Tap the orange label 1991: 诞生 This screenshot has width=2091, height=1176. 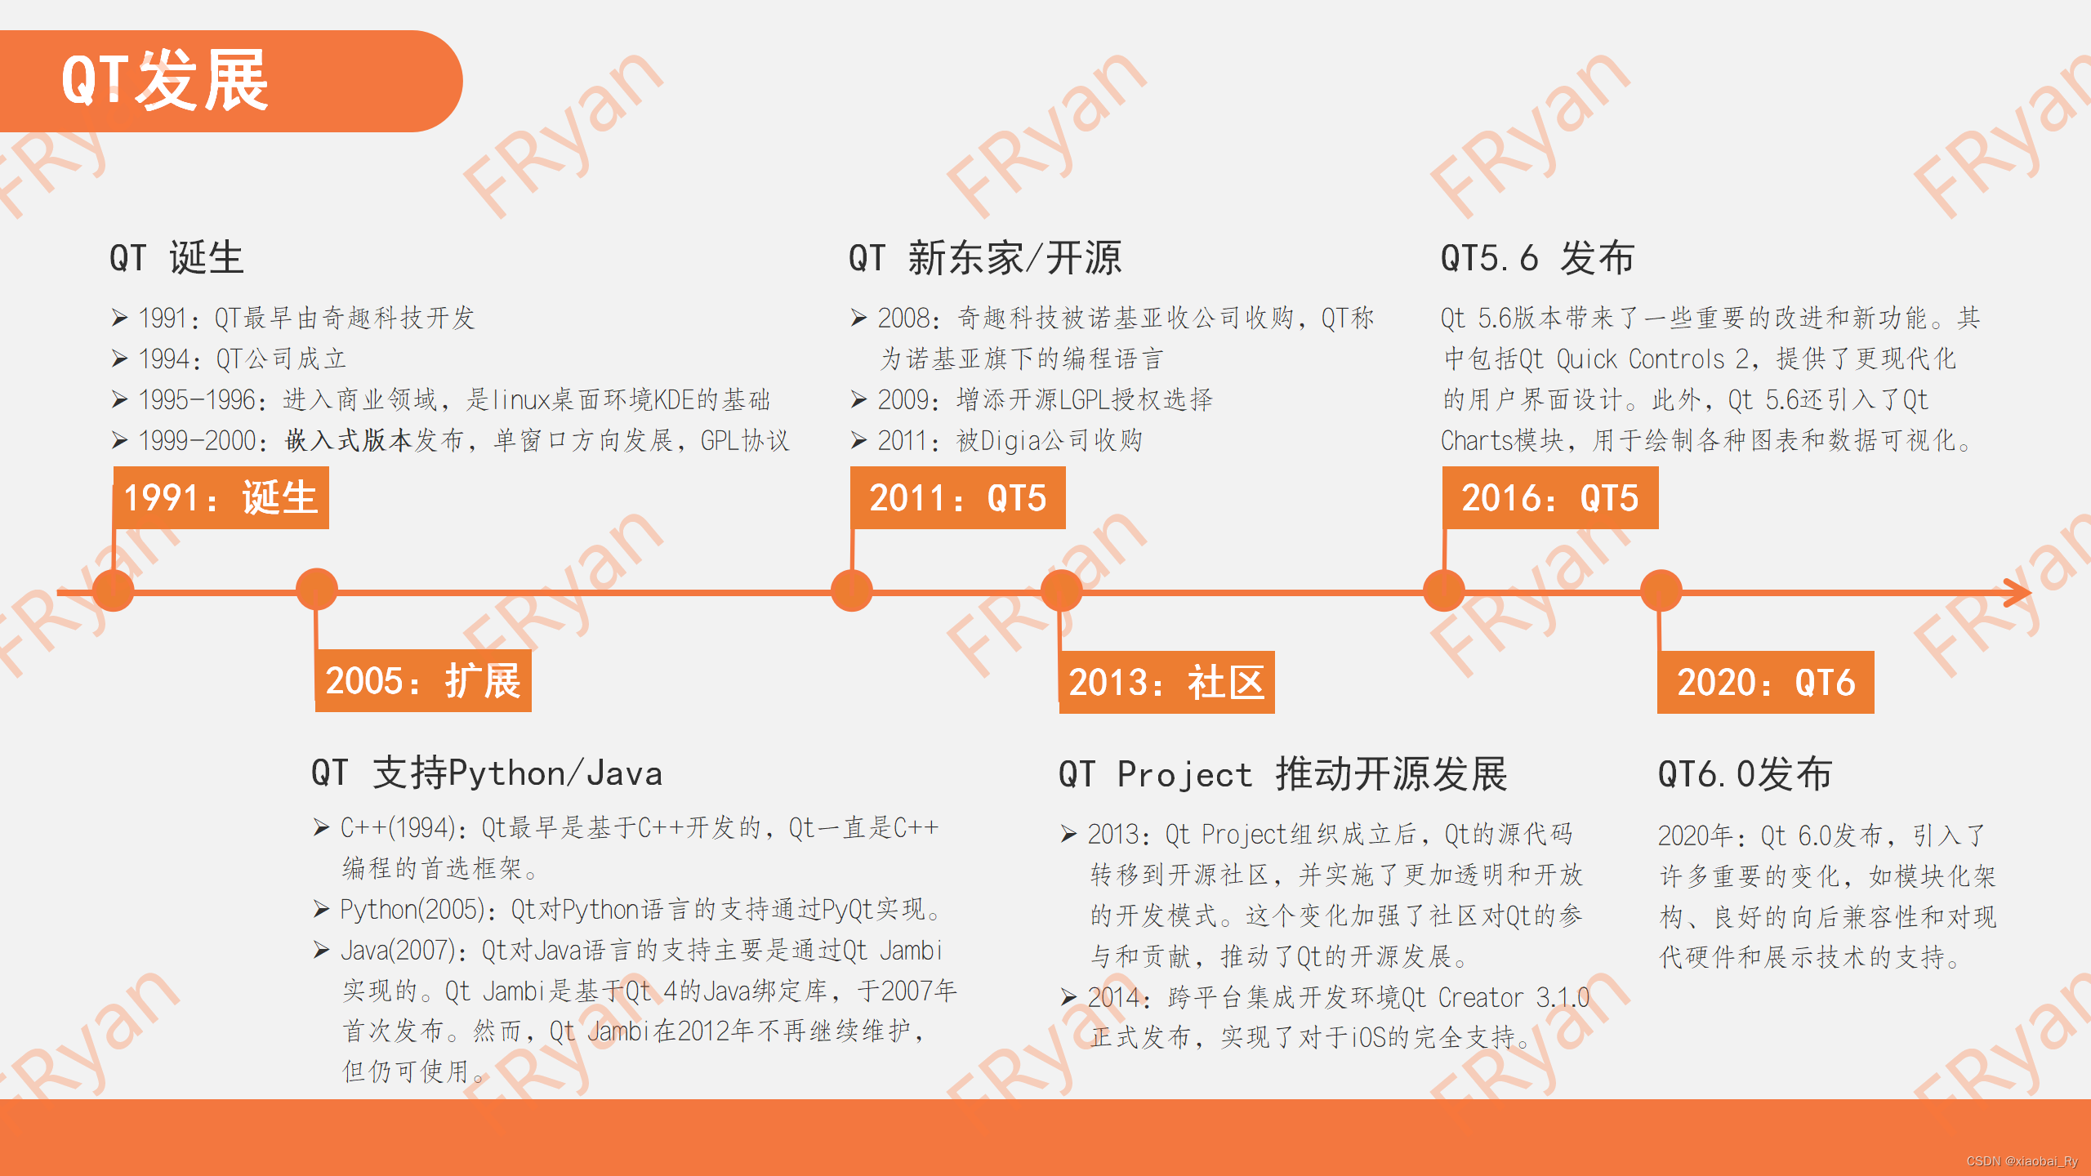pos(221,497)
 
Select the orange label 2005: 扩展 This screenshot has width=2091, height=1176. pos(423,681)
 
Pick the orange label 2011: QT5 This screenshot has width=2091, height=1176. pos(957,497)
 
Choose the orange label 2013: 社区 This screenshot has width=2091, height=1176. pos(1166,682)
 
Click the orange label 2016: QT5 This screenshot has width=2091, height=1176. pos(1549,497)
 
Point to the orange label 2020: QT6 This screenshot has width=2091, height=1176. pos(1765,682)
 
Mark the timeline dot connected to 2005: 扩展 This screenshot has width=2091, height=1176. pos(317,589)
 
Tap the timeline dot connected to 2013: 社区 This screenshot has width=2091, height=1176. pos(1061,590)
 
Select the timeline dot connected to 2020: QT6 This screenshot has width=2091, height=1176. pos(1661,590)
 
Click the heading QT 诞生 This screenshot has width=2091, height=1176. pos(176,258)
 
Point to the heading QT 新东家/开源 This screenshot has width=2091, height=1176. pos(985,258)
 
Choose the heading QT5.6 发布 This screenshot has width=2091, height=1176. pos(1537,258)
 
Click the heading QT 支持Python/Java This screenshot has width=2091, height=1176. pos(487,773)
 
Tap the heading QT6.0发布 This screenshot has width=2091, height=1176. pos(1745,773)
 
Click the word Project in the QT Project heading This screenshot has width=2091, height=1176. pos(1184,774)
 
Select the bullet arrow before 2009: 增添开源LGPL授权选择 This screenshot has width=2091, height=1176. pos(858,399)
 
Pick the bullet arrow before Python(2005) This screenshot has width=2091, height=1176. pos(321,909)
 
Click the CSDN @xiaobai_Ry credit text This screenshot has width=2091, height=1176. pos(2022,1161)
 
